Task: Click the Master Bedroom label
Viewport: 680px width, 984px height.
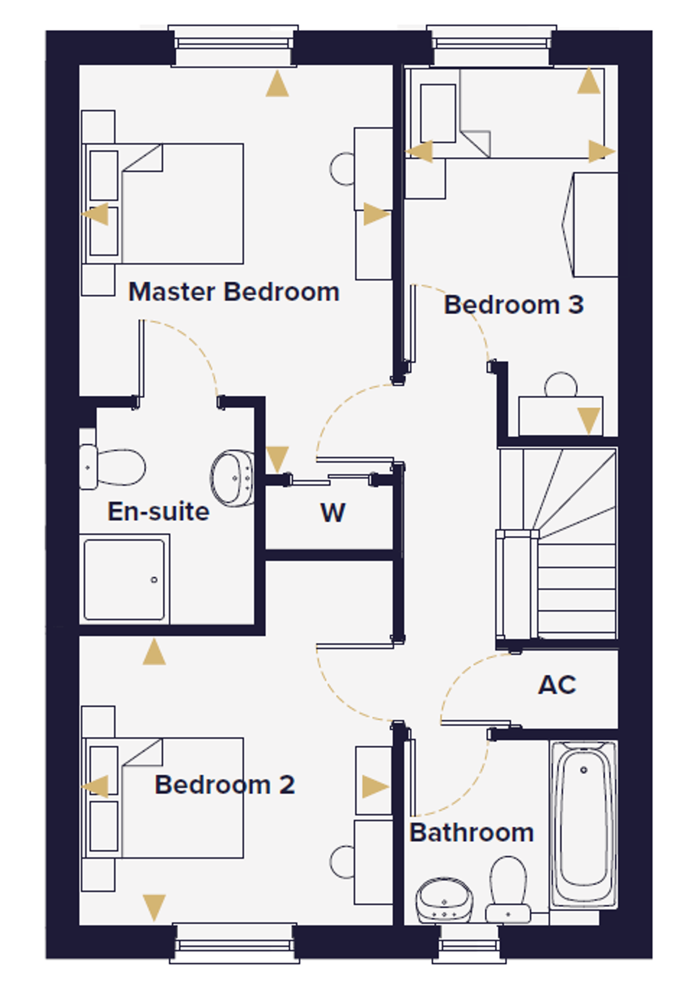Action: click(234, 292)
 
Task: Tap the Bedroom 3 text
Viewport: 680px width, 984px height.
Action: click(513, 305)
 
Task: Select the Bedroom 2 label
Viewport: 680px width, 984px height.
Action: click(225, 785)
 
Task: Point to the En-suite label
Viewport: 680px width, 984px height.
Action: click(159, 511)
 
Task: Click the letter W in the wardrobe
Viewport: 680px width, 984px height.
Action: click(333, 513)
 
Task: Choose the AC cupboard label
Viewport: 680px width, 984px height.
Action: click(557, 685)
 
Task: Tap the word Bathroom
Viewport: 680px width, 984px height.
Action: click(471, 833)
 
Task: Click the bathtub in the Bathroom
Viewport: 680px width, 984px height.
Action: click(584, 825)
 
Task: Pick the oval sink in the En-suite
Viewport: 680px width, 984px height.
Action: click(232, 478)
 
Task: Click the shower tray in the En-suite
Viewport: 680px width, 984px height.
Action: click(124, 579)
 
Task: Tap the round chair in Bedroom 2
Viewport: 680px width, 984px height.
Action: click(342, 861)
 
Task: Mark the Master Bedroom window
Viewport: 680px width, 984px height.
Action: click(233, 47)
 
